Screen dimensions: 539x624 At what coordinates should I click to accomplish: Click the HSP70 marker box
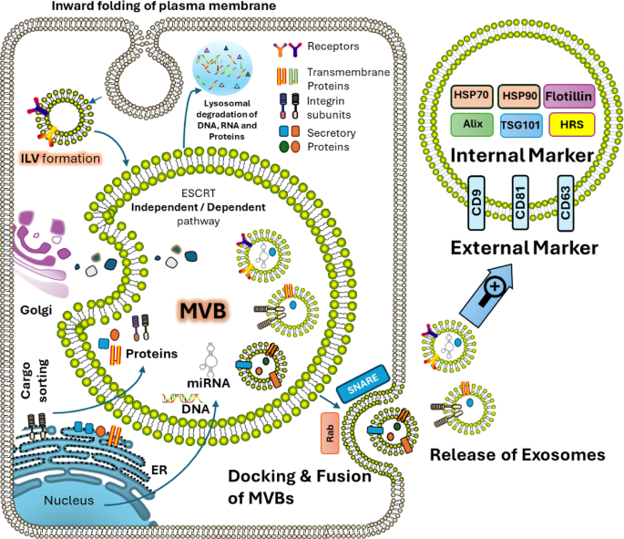[473, 95]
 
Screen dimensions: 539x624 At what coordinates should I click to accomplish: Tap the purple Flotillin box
[568, 95]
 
